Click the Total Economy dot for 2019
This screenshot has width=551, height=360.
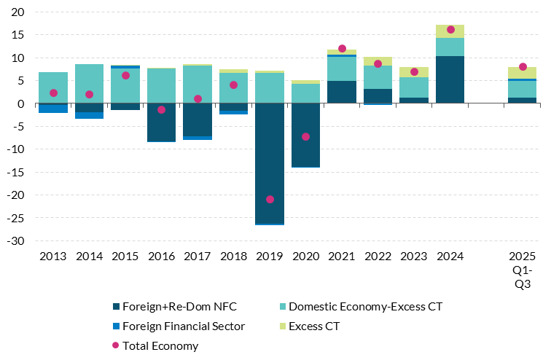270,199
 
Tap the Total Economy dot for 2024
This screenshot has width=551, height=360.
450,30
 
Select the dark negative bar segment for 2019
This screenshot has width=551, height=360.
270,163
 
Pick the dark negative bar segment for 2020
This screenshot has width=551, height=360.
306,135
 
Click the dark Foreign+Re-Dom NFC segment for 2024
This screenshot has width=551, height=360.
450,79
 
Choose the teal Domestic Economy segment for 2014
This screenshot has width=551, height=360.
89,84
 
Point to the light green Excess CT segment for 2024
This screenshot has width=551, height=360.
450,31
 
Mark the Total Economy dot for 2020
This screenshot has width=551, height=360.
306,136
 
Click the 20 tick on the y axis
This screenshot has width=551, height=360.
19,12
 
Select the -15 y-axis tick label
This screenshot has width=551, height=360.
17,172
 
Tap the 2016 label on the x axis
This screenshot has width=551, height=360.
161,257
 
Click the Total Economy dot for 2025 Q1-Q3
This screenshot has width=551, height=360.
523,67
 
